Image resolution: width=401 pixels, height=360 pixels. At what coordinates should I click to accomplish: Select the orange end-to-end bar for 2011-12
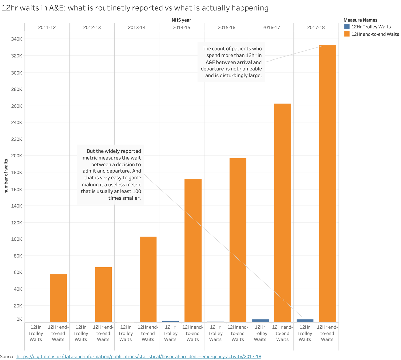tap(58, 298)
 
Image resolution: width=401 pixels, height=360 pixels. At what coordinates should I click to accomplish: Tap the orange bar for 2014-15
tap(193, 250)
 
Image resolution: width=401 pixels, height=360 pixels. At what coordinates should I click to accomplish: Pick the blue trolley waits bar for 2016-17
tap(260, 321)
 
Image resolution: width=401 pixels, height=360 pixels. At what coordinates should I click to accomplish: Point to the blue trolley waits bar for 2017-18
tap(305, 321)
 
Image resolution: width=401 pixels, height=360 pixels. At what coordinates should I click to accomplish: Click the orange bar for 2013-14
tap(148, 279)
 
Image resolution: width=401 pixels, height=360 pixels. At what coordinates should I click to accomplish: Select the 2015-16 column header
tap(226, 27)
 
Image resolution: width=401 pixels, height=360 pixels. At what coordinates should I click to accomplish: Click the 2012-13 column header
tap(92, 27)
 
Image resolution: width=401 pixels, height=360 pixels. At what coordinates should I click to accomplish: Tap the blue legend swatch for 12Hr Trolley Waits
tap(347, 27)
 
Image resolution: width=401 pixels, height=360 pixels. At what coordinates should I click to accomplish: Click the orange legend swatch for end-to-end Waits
tap(347, 34)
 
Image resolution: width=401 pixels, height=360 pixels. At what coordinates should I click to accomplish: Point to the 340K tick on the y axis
tap(16, 39)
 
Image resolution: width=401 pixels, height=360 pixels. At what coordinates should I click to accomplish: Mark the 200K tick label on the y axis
tap(16, 156)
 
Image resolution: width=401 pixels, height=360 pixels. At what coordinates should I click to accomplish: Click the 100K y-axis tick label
tap(16, 239)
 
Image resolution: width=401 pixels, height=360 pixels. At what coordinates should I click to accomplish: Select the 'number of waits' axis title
tap(6, 176)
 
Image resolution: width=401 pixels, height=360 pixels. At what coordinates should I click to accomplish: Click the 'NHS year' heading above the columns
tap(181, 20)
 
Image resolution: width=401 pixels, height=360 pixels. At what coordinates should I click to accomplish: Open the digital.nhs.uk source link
tap(139, 356)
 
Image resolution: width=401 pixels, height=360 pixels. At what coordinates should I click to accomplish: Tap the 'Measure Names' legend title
tap(360, 20)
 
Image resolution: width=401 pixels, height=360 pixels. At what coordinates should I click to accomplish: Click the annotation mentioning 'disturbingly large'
tap(232, 62)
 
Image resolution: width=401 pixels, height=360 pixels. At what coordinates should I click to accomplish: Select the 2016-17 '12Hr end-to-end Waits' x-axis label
tap(282, 333)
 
